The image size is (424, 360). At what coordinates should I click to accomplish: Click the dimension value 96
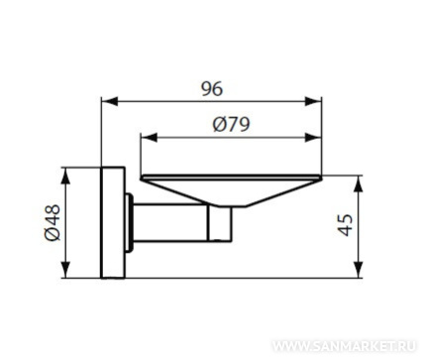(212, 88)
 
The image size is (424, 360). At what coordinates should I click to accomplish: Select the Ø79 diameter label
(231, 124)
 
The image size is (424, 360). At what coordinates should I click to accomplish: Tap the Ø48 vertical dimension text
(53, 222)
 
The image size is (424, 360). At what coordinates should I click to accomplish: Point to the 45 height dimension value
(346, 225)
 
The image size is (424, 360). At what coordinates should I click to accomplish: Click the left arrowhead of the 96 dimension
(110, 101)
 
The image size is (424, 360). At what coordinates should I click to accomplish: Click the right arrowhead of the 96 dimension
(313, 101)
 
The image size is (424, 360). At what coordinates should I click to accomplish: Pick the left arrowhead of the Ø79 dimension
(149, 138)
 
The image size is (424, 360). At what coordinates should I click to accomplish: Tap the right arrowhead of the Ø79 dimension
(313, 138)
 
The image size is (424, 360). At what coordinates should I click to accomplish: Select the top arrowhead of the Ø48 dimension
(66, 176)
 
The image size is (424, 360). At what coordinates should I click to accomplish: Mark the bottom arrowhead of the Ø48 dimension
(66, 270)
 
